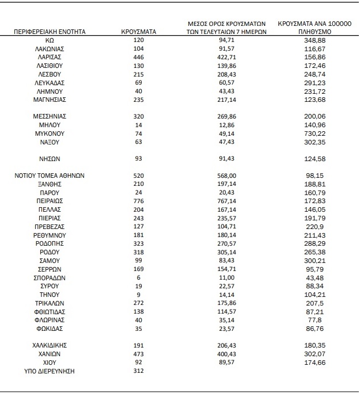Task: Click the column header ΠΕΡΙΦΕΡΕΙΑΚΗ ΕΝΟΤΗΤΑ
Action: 50,32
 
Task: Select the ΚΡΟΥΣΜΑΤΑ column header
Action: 139,32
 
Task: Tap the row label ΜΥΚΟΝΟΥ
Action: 50,133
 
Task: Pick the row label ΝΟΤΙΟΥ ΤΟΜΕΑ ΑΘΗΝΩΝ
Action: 50,175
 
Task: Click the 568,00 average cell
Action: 228,175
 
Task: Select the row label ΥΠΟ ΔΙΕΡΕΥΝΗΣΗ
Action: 50,371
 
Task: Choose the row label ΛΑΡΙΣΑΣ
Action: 50,58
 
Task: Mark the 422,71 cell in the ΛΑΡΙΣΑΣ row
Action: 228,58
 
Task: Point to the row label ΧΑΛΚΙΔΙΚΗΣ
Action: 50,345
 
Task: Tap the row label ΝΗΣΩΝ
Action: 50,158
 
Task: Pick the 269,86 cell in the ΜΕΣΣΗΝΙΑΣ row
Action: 228,116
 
